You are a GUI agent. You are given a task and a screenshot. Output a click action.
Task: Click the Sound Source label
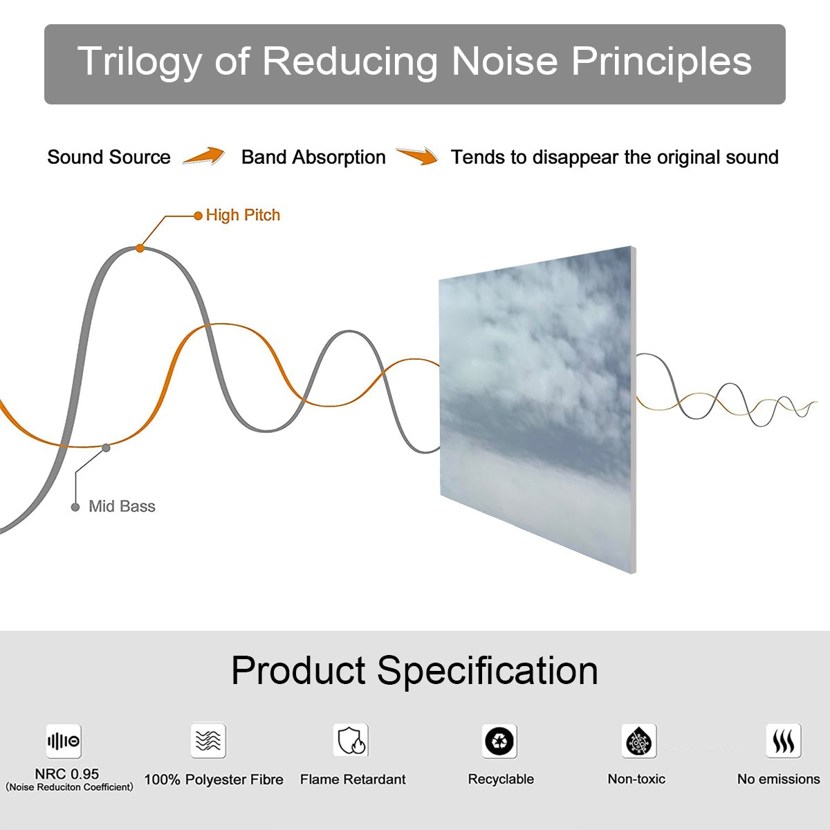coord(109,157)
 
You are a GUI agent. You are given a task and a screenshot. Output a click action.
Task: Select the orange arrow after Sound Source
coord(204,156)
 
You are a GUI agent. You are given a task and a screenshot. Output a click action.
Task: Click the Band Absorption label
coord(313,157)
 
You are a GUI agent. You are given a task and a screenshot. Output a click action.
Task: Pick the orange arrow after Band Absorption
coord(418,156)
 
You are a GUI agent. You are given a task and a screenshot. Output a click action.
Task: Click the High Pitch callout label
coord(243,215)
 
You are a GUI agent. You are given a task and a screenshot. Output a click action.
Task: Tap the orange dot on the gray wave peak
coord(140,248)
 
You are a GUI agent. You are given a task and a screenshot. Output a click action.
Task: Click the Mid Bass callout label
coord(122,506)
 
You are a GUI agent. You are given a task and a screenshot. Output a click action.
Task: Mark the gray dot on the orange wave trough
coord(106,448)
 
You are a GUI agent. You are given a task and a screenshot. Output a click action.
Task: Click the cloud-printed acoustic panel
coord(537,408)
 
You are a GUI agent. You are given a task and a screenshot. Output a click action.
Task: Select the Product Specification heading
coord(414,670)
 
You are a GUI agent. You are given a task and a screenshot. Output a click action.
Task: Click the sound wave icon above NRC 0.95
coord(64,741)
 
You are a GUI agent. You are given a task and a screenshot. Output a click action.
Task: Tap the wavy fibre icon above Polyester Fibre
coord(208,741)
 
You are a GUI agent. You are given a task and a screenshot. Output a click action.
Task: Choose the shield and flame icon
coord(351,741)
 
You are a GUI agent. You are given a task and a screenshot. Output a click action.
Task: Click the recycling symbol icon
coord(499,741)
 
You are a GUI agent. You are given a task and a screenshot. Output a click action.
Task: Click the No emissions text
coord(778,779)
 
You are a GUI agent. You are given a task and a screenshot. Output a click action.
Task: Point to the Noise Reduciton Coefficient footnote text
coord(69,787)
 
